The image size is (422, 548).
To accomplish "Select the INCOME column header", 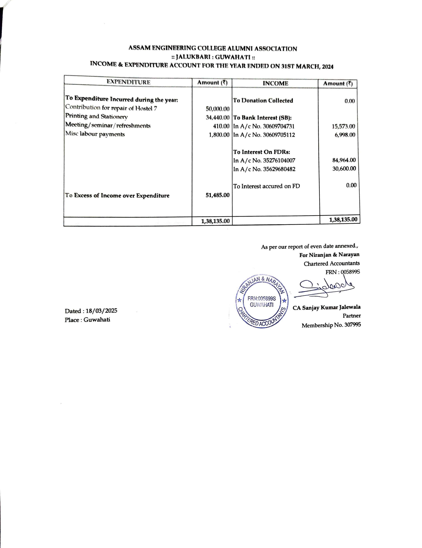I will coord(275,83).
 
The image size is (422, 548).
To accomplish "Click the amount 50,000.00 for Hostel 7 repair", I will coord(217,109).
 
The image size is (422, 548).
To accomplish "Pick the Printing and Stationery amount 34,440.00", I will coord(217,117).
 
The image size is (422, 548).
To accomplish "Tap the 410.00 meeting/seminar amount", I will coord(221,126).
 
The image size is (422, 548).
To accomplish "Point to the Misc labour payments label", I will coord(95,134).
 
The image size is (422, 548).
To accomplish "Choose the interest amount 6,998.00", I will coord(345,135).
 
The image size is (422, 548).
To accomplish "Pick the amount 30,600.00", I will coord(344,168).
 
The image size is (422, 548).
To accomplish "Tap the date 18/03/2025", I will coord(101,311).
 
